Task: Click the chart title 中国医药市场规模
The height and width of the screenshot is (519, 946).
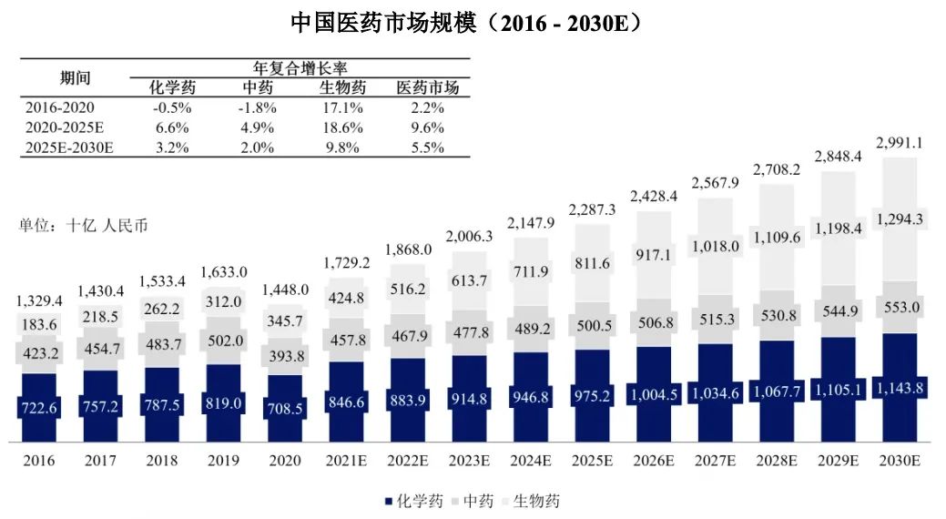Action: tap(383, 23)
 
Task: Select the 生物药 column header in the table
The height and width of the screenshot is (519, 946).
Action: tap(342, 87)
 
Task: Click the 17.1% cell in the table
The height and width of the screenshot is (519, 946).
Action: tap(342, 107)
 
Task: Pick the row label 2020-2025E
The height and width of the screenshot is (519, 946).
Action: tap(66, 127)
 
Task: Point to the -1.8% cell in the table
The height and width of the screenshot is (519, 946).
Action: tap(257, 107)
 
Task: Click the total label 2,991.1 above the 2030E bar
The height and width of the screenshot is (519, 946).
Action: tap(900, 143)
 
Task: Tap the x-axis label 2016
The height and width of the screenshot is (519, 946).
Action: tap(39, 461)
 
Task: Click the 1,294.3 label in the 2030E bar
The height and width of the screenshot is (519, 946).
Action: tap(900, 219)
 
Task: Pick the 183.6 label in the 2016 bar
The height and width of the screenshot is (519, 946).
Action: tap(39, 326)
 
